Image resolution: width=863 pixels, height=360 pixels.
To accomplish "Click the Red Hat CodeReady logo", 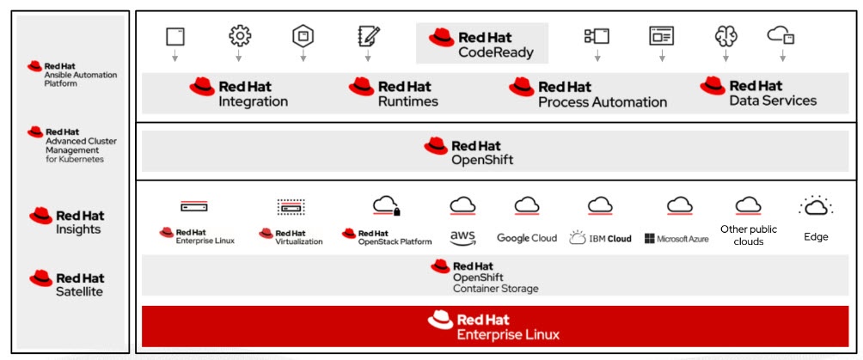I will coord(481,44).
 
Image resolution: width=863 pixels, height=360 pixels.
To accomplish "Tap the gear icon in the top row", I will coord(239,36).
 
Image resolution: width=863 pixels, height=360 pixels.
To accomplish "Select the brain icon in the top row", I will coord(725,36).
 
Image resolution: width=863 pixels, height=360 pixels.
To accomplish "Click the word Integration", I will coord(253,101).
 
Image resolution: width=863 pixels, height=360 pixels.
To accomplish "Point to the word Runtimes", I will coord(407,101).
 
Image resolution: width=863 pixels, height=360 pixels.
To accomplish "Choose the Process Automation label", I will coord(602,102).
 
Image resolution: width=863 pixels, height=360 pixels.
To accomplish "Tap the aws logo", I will coord(462,236).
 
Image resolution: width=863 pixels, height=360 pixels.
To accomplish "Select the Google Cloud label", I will coord(527,238).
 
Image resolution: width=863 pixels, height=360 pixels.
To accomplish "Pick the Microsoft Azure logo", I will coord(676,238).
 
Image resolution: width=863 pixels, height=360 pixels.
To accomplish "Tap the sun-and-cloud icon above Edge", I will coord(815,206).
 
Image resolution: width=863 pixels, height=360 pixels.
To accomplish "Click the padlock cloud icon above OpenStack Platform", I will coord(387,206).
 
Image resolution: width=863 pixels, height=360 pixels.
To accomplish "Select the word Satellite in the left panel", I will coord(79,291).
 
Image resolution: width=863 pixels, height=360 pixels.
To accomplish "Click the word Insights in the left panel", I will coord(78,229).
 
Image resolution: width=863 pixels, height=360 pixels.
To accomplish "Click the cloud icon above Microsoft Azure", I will coord(679,206).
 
